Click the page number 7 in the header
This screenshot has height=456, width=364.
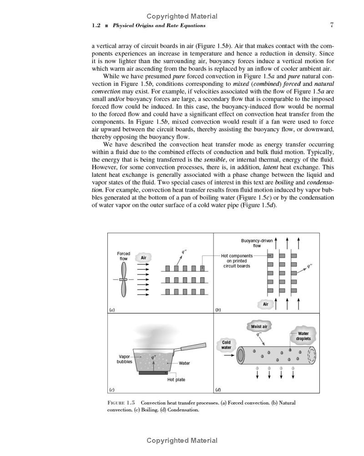[332, 25]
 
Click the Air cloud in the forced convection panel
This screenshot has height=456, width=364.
[143, 257]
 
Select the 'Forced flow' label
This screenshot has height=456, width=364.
[123, 256]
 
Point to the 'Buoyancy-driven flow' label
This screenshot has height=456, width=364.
[257, 243]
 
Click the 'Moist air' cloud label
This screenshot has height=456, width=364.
[259, 326]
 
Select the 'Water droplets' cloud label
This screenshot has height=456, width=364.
[303, 336]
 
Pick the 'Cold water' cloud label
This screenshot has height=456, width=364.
[226, 345]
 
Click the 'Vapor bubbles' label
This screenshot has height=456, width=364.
[125, 359]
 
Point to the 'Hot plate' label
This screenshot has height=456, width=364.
[176, 380]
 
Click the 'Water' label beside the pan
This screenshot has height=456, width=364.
[184, 363]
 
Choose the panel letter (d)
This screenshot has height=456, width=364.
[218, 389]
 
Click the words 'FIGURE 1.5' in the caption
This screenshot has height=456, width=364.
[121, 403]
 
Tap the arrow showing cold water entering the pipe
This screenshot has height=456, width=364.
[229, 356]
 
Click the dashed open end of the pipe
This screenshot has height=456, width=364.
[312, 356]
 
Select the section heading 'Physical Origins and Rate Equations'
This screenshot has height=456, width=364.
[159, 25]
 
